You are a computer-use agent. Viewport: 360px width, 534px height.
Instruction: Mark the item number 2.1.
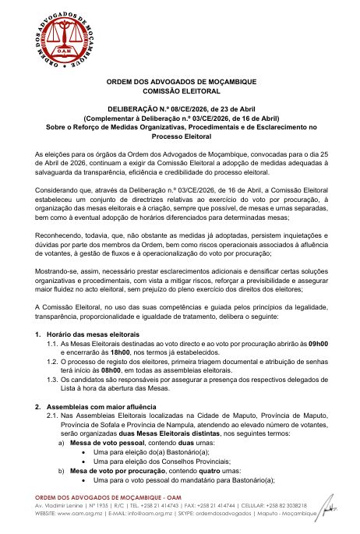click(x=52, y=416)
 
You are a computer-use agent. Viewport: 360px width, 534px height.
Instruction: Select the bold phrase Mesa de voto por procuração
click(x=114, y=471)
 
